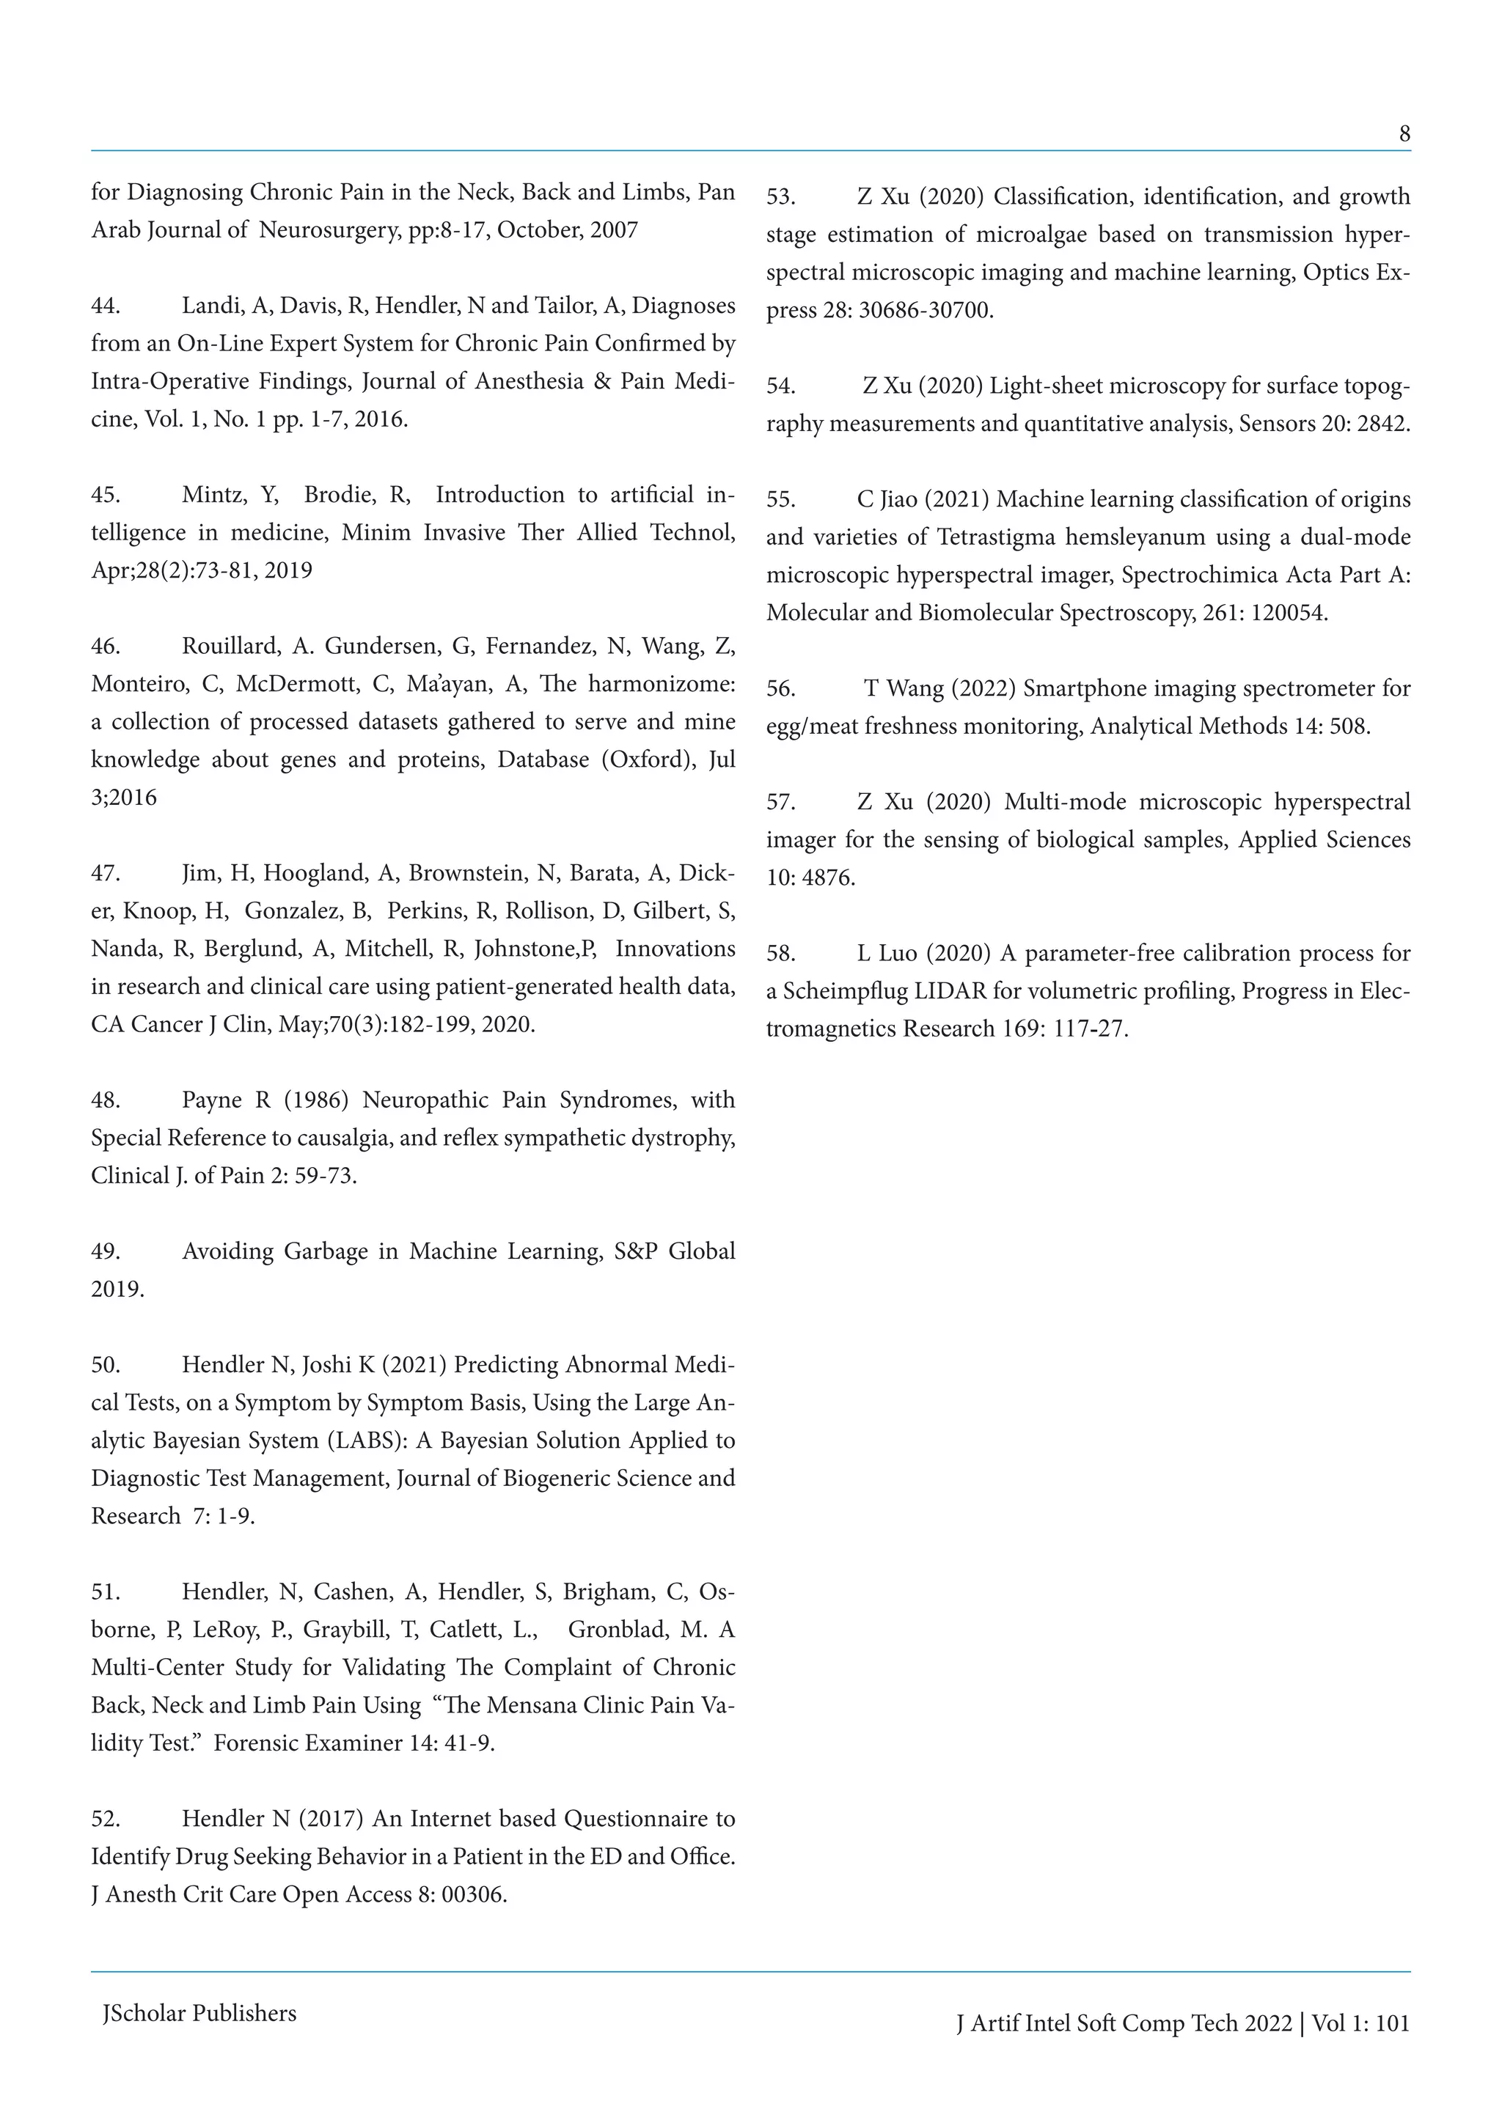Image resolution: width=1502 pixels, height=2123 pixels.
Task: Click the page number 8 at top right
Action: coord(1404,135)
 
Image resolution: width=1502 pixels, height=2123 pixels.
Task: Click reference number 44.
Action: coord(106,306)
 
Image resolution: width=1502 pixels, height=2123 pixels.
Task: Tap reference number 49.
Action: coord(106,1251)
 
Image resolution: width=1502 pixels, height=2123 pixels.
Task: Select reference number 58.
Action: coord(780,953)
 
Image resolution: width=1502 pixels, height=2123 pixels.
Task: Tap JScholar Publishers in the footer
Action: coord(199,2013)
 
